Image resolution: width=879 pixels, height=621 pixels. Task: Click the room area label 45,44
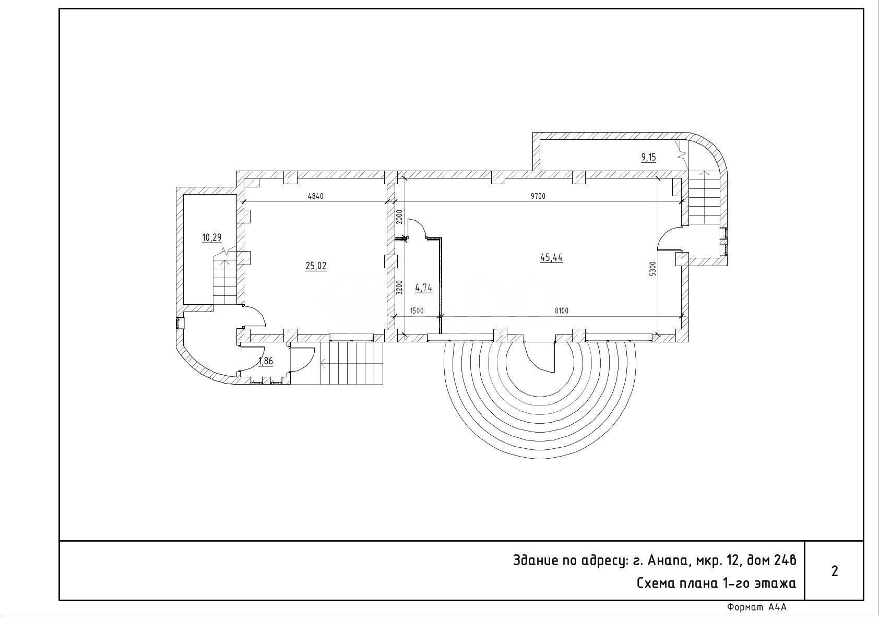point(551,258)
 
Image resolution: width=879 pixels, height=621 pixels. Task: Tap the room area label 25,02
point(316,266)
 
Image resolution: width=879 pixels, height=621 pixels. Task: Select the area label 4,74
point(423,288)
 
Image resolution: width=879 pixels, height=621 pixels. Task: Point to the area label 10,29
point(212,237)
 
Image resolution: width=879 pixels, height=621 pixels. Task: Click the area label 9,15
point(648,157)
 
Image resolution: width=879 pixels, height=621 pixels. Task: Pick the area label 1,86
point(266,361)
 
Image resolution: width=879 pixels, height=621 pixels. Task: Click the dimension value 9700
point(538,196)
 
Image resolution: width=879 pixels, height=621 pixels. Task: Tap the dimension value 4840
point(315,196)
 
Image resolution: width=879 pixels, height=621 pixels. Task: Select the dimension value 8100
point(562,310)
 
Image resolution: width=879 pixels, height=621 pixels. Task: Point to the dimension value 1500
point(417,310)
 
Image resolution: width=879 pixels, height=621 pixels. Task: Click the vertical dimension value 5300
point(652,269)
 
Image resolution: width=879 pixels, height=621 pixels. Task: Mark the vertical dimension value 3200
point(399,287)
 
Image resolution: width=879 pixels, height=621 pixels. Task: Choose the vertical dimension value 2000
point(399,217)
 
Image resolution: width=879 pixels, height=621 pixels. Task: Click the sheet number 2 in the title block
point(834,571)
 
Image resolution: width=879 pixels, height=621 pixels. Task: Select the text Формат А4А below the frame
point(757,607)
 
